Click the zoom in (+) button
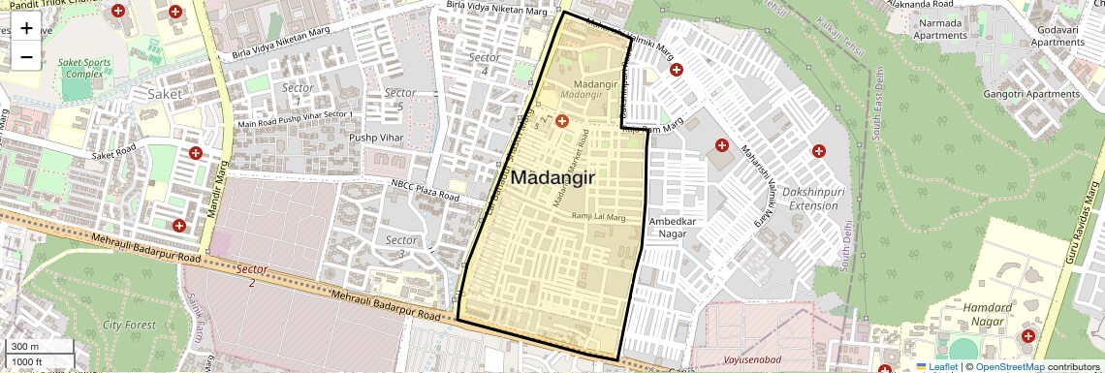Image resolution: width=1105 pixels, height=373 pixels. [26, 28]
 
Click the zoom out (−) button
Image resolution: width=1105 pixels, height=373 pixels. [26, 57]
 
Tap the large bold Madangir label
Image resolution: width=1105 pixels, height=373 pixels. [552, 177]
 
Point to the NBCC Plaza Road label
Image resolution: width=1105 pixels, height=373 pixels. [425, 189]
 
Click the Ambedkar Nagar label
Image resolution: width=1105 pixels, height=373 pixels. [673, 226]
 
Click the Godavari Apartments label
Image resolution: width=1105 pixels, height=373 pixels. [1057, 36]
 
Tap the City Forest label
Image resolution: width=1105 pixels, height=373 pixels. [130, 326]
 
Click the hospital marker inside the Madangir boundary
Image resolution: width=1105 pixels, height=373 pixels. [561, 121]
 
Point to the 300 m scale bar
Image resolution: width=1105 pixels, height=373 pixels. [38, 346]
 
